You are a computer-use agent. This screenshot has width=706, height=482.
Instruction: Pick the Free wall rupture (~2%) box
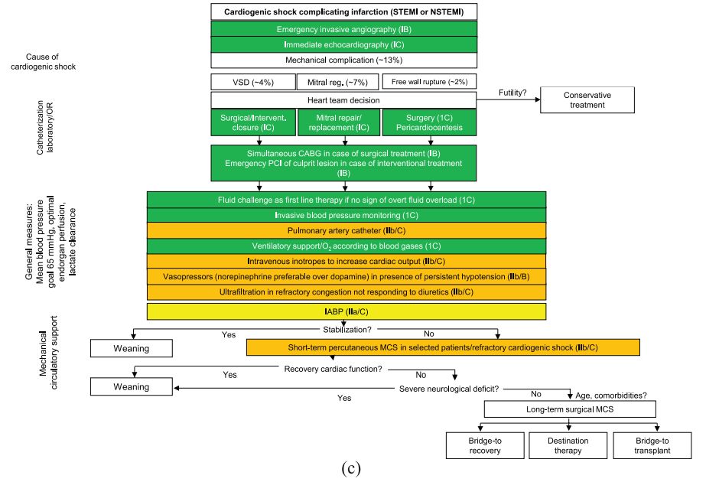coord(429,81)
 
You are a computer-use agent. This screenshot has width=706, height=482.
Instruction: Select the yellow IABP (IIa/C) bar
coord(346,311)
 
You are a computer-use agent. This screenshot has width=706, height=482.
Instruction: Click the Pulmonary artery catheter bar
coord(346,230)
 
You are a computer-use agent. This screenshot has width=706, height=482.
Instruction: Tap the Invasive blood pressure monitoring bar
coord(346,215)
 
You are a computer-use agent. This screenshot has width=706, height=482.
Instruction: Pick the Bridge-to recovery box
coord(484,446)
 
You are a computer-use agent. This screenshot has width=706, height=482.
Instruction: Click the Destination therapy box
coord(567,446)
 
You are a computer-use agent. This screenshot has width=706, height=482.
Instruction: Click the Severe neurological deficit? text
coord(449,389)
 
